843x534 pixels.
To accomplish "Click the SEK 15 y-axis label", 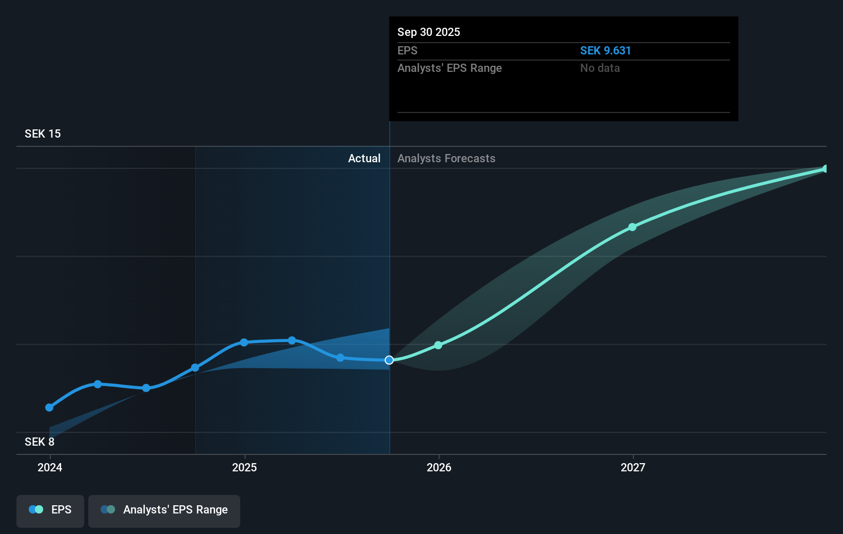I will point(43,134).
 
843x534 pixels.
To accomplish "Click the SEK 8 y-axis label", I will point(40,442).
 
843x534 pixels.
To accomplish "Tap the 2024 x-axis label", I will point(50,468).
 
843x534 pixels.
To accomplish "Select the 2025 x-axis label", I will point(244,468).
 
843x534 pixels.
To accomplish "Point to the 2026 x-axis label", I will point(439,468).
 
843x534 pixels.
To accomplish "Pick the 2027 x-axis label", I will point(633,468).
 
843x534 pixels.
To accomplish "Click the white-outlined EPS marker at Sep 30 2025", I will point(389,360).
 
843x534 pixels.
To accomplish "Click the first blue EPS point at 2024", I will point(49,408).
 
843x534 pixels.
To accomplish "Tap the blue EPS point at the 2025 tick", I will point(244,342).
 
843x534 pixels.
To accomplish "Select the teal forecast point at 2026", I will point(438,346).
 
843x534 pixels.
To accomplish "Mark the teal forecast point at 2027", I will point(633,227).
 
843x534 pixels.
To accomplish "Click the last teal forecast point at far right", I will point(825,169).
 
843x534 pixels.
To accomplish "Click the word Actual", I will point(364,159).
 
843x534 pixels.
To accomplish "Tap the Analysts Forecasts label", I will point(446,159).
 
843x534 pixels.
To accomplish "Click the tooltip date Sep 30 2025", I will point(429,32).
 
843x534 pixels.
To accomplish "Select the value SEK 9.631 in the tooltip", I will point(605,51).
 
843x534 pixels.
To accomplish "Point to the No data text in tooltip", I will point(600,68).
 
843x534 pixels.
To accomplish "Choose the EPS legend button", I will point(50,510).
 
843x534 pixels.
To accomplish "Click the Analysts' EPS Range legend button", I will point(164,510).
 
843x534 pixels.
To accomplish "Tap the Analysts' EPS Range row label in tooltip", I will point(449,68).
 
